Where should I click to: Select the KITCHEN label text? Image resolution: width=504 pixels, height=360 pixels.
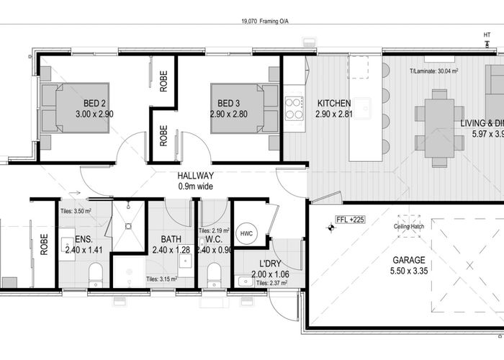(x=334, y=103)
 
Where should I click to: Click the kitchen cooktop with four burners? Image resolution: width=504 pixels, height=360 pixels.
(x=294, y=107)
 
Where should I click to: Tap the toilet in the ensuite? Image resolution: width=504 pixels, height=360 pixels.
(x=94, y=274)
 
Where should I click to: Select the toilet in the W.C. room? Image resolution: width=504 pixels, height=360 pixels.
(x=213, y=274)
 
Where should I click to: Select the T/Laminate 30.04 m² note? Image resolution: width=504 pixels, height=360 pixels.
(x=435, y=71)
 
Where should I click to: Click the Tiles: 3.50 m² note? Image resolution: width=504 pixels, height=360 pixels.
(x=76, y=211)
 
